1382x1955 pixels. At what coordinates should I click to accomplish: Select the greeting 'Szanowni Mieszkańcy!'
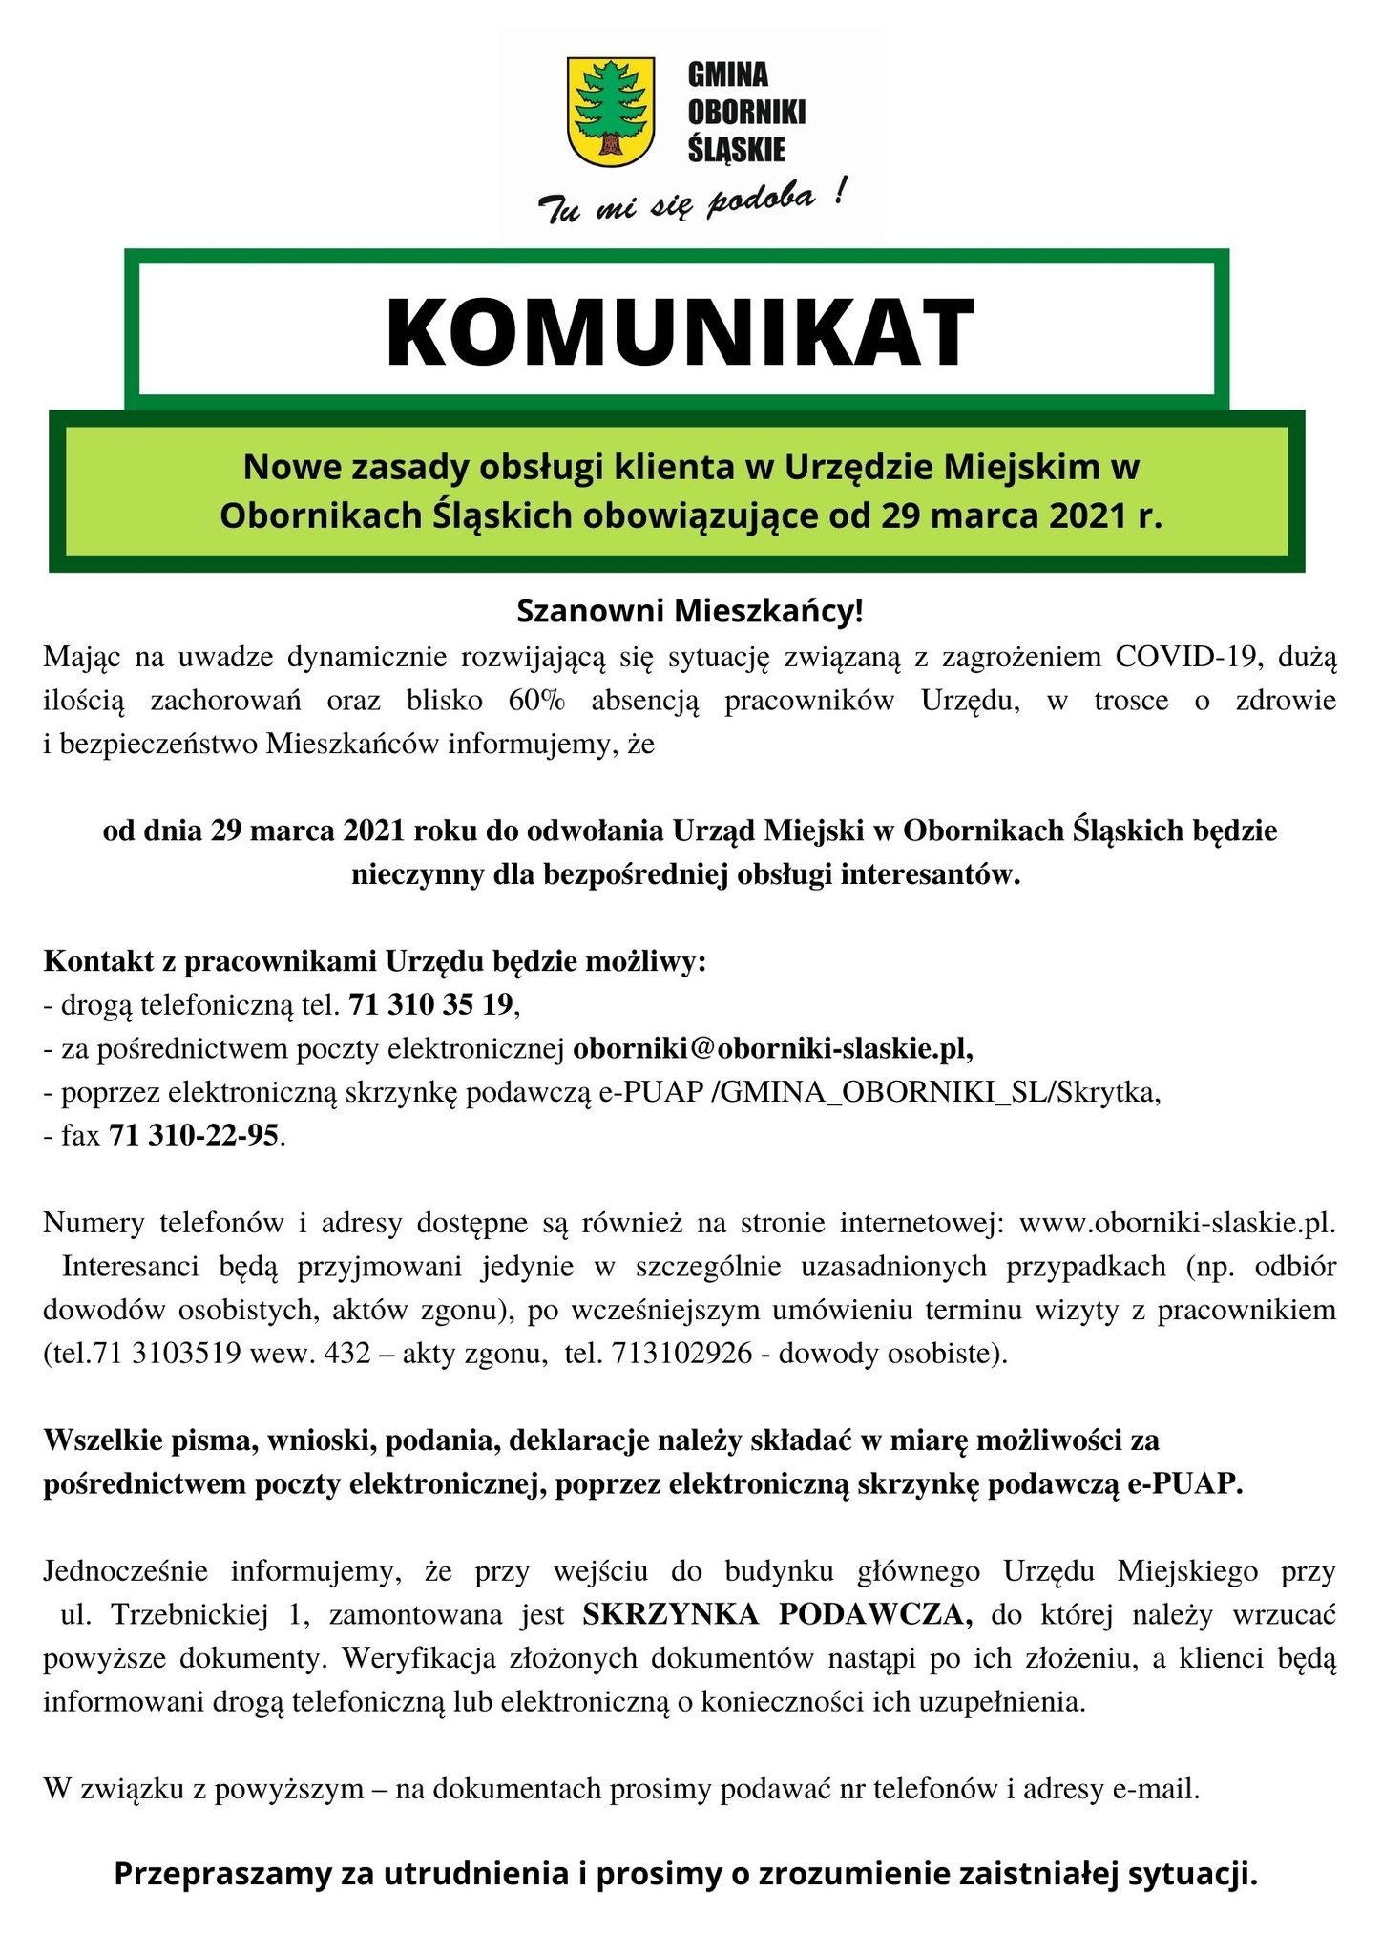coord(690,611)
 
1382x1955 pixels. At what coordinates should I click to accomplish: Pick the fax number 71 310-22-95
coord(196,1136)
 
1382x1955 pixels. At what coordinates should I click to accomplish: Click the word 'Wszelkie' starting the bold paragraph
coord(101,1440)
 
